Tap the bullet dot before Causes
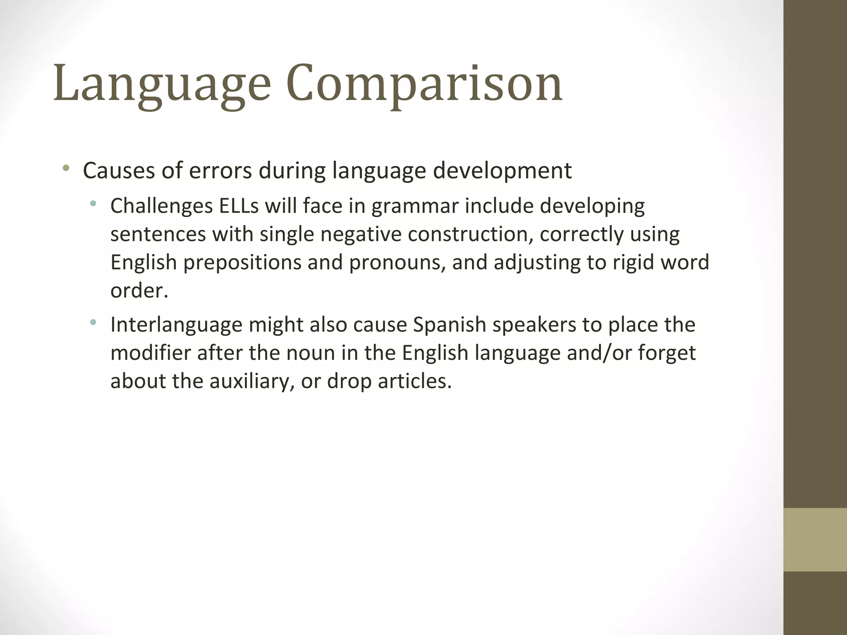click(66, 168)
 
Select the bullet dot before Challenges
click(93, 203)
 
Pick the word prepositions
click(242, 263)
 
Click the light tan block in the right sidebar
click(815, 540)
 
